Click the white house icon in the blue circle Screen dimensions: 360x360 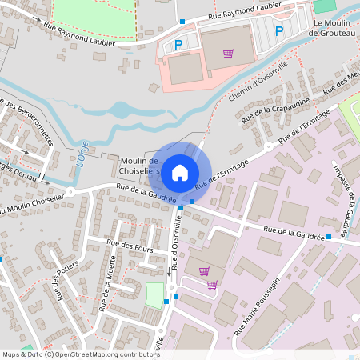click(180, 171)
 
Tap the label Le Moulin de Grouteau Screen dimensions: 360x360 click(335, 28)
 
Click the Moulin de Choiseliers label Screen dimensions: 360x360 click(139, 166)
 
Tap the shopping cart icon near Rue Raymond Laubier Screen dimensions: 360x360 click(229, 54)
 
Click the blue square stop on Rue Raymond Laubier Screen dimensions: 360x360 click(182, 22)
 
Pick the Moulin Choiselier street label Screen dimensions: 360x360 click(32, 205)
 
